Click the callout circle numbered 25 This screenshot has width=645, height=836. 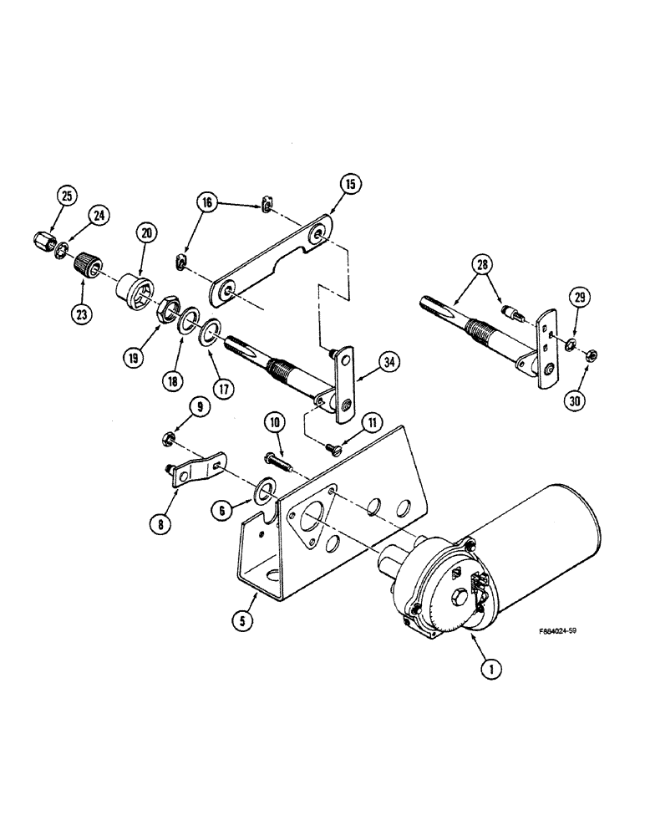[66, 197]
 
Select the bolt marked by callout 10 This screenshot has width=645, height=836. [278, 458]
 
